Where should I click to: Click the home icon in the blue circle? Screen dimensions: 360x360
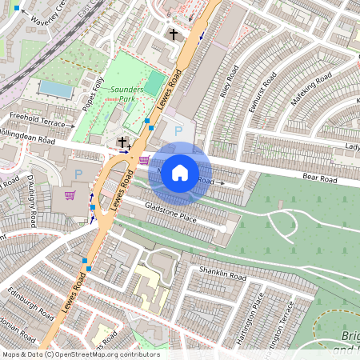tap(180, 172)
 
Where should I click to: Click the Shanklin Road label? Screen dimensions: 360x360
tap(224, 275)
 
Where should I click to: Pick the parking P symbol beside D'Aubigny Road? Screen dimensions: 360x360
tap(78, 174)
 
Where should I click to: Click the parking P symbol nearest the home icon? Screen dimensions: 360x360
tap(178, 130)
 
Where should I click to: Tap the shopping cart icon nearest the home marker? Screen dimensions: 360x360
tap(143, 159)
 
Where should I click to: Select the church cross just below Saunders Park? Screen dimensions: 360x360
tap(122, 142)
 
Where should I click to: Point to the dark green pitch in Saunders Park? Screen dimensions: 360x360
tap(153, 83)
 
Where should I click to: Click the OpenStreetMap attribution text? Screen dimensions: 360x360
tap(80, 354)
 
